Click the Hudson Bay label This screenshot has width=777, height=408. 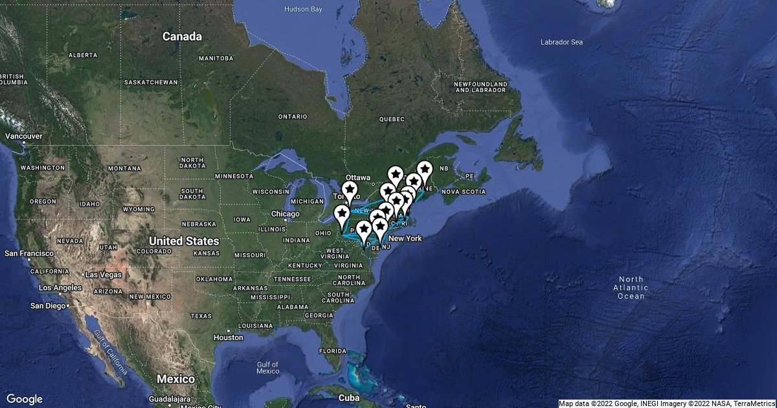click(x=303, y=9)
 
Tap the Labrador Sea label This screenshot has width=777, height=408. click(x=561, y=42)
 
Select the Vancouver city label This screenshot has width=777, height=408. click(x=23, y=136)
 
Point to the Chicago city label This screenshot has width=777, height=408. click(x=286, y=214)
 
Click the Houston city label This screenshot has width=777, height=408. click(x=228, y=337)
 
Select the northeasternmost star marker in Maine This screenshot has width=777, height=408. click(x=424, y=171)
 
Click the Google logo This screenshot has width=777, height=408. click(x=25, y=399)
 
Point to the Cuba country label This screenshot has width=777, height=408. click(x=349, y=398)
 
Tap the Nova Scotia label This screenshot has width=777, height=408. click(x=464, y=192)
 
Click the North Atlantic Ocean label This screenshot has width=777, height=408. click(x=631, y=288)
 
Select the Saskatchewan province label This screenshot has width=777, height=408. click(x=150, y=82)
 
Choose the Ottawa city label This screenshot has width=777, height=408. click(x=357, y=177)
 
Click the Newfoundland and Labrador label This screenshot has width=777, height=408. click(x=480, y=87)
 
